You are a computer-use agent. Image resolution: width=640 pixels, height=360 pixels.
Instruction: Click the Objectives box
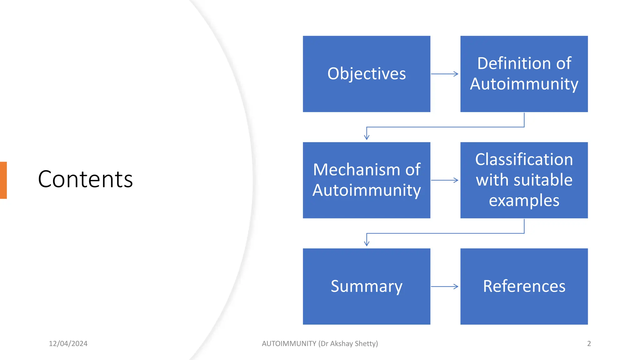[366, 74]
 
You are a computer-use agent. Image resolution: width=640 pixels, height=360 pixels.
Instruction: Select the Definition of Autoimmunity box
[524, 74]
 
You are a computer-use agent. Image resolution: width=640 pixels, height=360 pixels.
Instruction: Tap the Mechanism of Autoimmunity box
[366, 180]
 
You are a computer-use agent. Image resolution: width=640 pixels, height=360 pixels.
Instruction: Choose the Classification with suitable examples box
[524, 180]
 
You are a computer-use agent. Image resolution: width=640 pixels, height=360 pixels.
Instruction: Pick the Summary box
[366, 287]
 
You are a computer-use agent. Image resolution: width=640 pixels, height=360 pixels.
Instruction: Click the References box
[524, 287]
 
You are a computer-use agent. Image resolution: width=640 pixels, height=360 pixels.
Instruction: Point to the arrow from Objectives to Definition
[444, 74]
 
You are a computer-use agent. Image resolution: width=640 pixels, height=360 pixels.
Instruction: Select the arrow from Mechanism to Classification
[444, 180]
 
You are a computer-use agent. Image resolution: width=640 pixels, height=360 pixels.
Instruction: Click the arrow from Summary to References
[444, 287]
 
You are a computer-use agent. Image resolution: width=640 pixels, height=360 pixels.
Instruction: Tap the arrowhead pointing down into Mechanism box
[367, 137]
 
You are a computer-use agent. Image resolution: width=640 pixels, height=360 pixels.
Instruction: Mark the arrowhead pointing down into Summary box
[367, 243]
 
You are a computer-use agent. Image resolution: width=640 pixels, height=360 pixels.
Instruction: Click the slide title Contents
[85, 179]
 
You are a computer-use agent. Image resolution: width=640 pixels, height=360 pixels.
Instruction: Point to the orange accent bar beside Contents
[3, 180]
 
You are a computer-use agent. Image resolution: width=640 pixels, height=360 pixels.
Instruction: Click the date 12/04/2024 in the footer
[68, 344]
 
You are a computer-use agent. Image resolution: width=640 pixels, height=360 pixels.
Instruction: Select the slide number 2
[589, 344]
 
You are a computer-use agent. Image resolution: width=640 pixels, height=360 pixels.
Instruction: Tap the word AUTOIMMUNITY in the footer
[289, 344]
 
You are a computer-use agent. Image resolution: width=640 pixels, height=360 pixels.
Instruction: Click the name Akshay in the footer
[341, 344]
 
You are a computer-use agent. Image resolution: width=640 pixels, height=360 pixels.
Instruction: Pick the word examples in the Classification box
[524, 201]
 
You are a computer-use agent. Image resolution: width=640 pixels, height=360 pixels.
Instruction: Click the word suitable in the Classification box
[543, 180]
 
